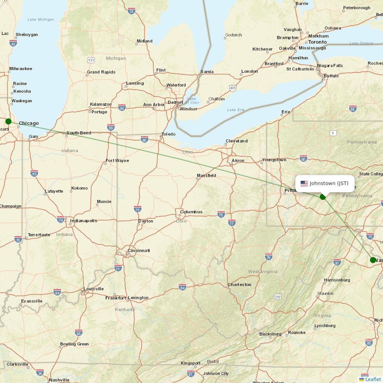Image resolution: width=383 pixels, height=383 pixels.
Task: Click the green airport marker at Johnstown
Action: [323, 196]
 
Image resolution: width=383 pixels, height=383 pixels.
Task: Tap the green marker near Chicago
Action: [8, 121]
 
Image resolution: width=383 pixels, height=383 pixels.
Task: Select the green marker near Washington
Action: [373, 260]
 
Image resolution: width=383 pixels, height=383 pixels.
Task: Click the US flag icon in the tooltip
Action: [304, 183]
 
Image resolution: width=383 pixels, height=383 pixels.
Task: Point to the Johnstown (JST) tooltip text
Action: [329, 183]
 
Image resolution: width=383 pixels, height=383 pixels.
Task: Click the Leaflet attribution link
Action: [373, 379]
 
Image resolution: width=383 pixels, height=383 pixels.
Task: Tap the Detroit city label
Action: [175, 102]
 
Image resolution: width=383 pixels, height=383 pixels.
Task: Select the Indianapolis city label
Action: [83, 221]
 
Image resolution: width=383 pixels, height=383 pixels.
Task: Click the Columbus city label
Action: [191, 212]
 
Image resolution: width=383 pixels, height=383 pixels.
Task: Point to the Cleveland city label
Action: [237, 141]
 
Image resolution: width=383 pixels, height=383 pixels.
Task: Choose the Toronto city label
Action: [318, 42]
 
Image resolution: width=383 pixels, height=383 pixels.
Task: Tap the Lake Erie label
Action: [236, 110]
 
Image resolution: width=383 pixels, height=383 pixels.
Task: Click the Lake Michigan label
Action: [41, 20]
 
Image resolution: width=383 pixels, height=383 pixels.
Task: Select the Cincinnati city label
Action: [139, 250]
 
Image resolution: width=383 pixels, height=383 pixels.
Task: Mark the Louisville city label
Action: [93, 289]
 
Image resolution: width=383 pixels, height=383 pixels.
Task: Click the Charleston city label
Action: [239, 285]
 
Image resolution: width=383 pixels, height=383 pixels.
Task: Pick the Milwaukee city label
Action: [21, 69]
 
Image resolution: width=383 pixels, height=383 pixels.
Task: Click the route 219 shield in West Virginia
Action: [278, 297]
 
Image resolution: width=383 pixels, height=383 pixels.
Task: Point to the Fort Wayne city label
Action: [117, 160]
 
